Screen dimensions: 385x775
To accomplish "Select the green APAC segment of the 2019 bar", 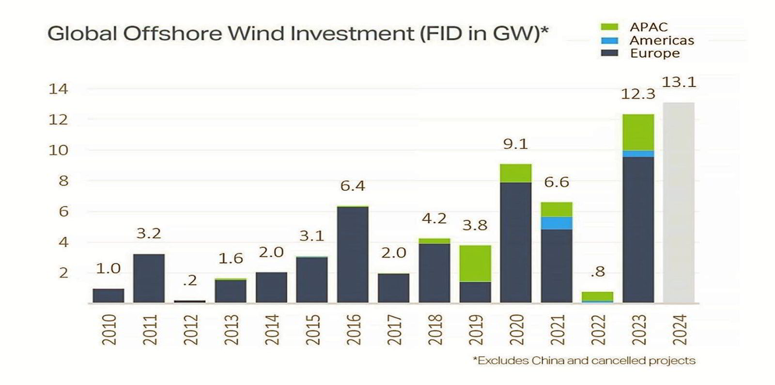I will pyautogui.click(x=475, y=263).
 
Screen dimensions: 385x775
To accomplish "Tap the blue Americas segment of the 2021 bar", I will pyautogui.click(x=557, y=223).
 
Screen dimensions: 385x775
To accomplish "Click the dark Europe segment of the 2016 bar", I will pyautogui.click(x=353, y=254).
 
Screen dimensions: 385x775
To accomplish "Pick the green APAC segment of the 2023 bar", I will pyautogui.click(x=638, y=132).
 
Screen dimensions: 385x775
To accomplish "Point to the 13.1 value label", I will pyautogui.click(x=679, y=82).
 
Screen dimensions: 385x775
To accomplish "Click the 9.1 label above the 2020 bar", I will pyautogui.click(x=515, y=144).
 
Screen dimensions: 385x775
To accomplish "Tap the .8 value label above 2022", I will pyautogui.click(x=598, y=272).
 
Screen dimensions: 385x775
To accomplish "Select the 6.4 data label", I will pyautogui.click(x=353, y=186).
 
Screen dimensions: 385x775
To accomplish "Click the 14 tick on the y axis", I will pyautogui.click(x=58, y=89).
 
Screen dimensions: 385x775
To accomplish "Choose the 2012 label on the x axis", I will pyautogui.click(x=190, y=330).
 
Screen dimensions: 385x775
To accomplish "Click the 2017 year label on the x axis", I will pyautogui.click(x=394, y=330).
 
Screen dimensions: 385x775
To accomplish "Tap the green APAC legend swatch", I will pyautogui.click(x=609, y=28).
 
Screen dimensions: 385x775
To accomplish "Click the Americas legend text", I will pyautogui.click(x=662, y=40).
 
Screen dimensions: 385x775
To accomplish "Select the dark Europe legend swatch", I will pyautogui.click(x=609, y=53).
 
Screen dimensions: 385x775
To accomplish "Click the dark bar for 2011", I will pyautogui.click(x=149, y=278).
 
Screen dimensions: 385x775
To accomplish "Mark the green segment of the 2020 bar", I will pyautogui.click(x=515, y=173).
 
